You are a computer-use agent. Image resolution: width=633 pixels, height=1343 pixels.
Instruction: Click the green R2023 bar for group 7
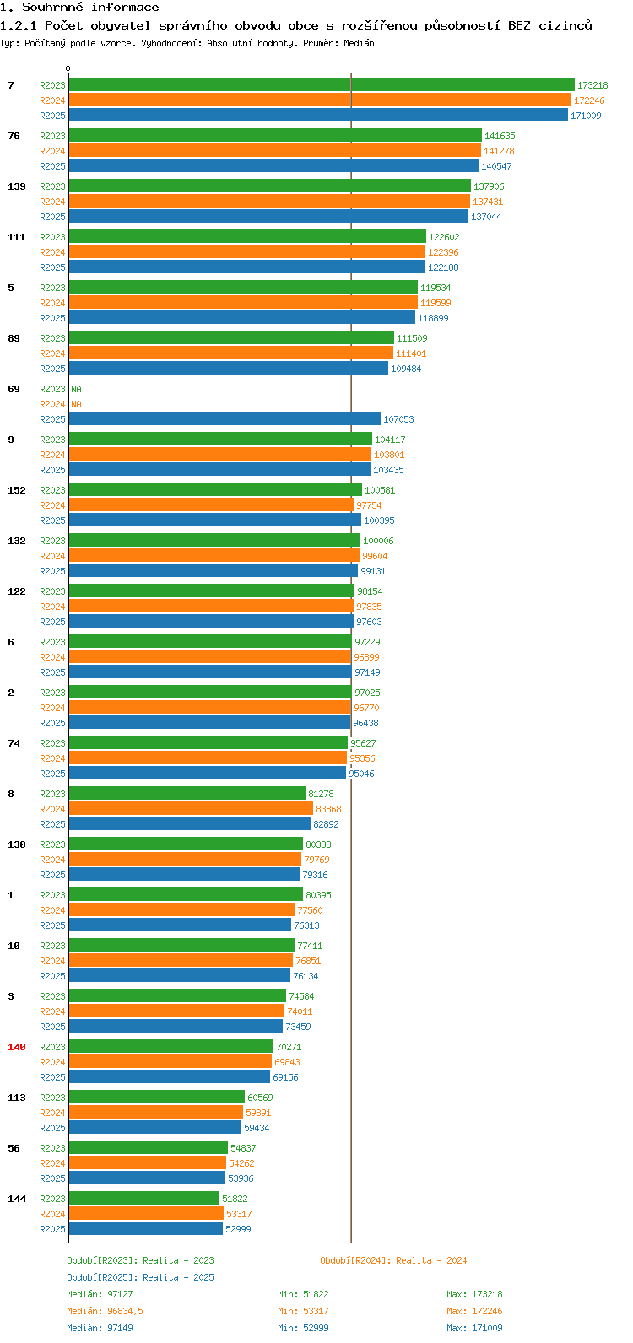321,85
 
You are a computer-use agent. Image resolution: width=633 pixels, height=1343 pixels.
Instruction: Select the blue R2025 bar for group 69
225,419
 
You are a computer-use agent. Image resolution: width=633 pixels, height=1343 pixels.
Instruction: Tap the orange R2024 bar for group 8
191,809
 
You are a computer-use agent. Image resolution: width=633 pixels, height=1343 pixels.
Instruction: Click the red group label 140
17,1047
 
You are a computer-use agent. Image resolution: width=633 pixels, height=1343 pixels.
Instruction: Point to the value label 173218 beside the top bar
592,85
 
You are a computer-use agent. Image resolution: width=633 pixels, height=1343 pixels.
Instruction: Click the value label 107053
398,419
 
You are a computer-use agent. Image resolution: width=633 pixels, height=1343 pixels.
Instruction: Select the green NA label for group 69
76,389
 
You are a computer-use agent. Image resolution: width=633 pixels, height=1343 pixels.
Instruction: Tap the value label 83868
328,809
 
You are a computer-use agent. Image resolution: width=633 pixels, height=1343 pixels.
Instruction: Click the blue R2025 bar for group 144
145,1229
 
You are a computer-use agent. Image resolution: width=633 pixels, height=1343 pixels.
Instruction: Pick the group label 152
17,490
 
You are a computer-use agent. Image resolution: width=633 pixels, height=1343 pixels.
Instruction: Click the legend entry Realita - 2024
393,1260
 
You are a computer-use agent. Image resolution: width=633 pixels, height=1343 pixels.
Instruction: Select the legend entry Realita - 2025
140,1277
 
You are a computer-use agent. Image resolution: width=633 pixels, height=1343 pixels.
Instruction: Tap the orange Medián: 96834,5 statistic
105,1311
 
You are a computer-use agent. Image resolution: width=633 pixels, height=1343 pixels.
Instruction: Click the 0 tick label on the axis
68,69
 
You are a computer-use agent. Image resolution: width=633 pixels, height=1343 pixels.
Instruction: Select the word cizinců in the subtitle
565,25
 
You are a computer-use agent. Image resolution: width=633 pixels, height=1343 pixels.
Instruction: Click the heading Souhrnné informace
90,8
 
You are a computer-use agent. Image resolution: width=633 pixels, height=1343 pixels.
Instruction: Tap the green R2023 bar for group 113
156,1098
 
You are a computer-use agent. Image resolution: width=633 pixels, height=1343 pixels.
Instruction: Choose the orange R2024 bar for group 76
274,151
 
